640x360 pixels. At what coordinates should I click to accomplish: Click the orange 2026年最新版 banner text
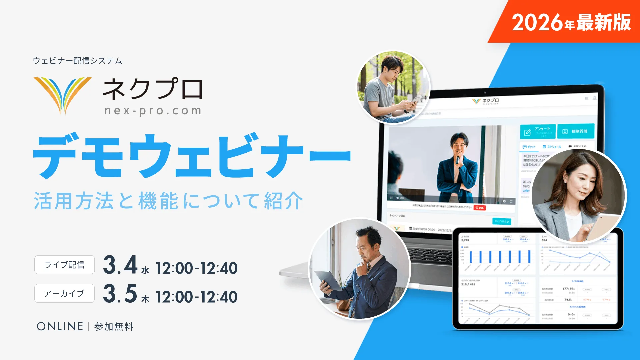click(571, 22)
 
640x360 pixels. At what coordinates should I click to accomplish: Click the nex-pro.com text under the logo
click(153, 111)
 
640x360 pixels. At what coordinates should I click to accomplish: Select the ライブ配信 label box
click(64, 265)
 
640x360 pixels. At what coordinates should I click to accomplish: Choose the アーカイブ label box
click(64, 293)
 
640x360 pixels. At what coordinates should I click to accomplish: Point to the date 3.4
click(120, 265)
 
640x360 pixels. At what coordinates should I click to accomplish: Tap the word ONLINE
click(60, 326)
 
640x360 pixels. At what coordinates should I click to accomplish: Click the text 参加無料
click(114, 327)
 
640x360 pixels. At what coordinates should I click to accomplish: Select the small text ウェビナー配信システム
click(77, 61)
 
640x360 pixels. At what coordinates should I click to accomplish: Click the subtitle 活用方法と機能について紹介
click(168, 201)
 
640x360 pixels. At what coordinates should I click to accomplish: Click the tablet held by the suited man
click(328, 280)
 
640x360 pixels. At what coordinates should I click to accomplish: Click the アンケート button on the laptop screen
click(538, 132)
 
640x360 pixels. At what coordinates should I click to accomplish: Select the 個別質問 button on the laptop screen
click(576, 131)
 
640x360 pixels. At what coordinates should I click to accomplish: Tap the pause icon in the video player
click(391, 198)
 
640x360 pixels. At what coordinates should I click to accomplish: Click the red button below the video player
click(480, 208)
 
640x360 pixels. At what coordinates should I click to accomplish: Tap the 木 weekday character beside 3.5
click(145, 299)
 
